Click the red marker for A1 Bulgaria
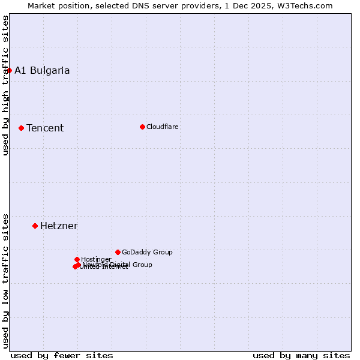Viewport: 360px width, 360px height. click(x=9, y=70)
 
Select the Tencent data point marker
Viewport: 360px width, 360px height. click(x=21, y=128)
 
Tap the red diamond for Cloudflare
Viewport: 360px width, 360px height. click(x=142, y=127)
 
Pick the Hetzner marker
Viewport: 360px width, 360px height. click(x=35, y=226)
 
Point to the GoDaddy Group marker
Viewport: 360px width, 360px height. click(x=118, y=252)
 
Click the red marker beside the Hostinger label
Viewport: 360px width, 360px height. click(x=77, y=259)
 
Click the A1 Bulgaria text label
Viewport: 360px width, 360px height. click(x=42, y=70)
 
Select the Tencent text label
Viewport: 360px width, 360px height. click(x=45, y=128)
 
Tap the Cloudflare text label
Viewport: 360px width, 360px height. click(x=162, y=127)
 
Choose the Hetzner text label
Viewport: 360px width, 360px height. click(x=59, y=226)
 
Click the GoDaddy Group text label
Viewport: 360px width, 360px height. click(x=147, y=252)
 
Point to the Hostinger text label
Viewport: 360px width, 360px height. click(x=96, y=259)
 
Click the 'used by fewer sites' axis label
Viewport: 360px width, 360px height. click(x=62, y=355)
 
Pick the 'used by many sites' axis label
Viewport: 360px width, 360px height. click(x=301, y=355)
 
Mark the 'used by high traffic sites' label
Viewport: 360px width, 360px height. click(x=5, y=85)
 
